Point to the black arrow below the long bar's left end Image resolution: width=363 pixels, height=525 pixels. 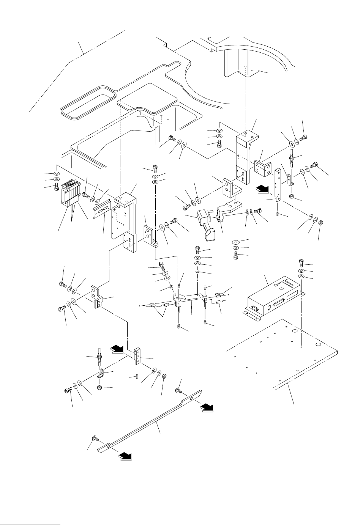(x=125, y=457)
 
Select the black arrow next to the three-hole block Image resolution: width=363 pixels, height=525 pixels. (x=117, y=348)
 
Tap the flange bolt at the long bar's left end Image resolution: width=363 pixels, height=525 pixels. (x=94, y=439)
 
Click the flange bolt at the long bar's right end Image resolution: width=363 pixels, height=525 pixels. (x=178, y=390)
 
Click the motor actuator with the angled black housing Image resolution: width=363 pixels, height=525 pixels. (x=207, y=225)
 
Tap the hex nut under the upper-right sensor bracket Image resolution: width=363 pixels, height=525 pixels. (x=291, y=196)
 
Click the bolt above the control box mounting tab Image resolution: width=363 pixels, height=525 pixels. (x=301, y=261)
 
